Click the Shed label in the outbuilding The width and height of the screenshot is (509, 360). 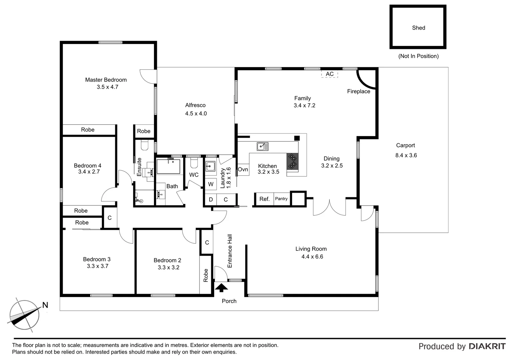[x=418, y=28]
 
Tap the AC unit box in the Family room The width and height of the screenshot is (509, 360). [x=329, y=74]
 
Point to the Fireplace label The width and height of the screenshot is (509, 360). [x=358, y=91]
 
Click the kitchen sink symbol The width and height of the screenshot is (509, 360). [x=262, y=146]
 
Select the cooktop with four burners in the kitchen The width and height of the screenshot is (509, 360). [x=292, y=161]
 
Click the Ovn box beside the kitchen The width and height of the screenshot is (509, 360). [x=243, y=170]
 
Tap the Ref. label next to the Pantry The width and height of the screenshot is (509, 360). [x=264, y=199]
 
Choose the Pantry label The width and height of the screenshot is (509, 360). [x=281, y=199]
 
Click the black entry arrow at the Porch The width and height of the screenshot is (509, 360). [x=222, y=287]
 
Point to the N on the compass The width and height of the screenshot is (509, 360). [x=45, y=305]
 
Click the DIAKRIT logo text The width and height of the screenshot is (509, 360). [x=487, y=346]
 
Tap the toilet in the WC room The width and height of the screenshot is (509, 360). [x=194, y=163]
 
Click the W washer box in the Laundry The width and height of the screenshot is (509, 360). [x=211, y=184]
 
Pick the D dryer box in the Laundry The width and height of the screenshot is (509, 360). [x=211, y=200]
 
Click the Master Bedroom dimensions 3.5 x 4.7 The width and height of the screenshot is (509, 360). [x=107, y=87]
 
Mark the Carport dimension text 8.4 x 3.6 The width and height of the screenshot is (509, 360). [x=406, y=155]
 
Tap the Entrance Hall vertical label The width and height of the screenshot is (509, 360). [x=230, y=251]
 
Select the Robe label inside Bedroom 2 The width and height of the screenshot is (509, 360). [x=206, y=275]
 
